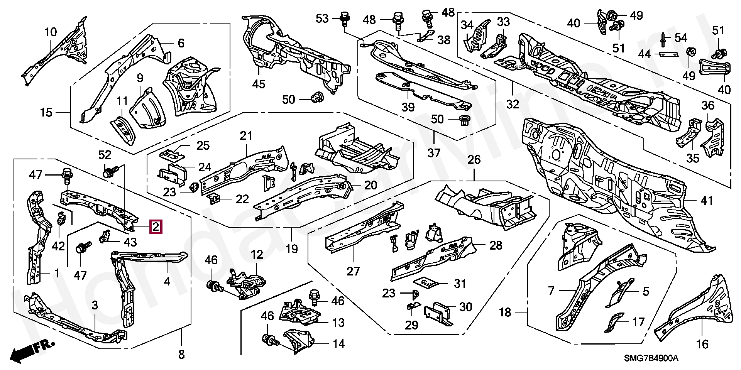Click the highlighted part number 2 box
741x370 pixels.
tap(156, 227)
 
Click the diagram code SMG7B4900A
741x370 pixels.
tap(651, 358)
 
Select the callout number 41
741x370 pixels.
tap(707, 201)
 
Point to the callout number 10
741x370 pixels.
tap(51, 32)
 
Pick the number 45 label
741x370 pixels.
tap(259, 84)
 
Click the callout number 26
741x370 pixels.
tap(474, 160)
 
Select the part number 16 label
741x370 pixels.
tap(702, 344)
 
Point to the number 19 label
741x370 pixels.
tap(292, 249)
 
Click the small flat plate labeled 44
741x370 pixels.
tap(668, 54)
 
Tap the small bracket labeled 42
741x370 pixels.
tap(61, 220)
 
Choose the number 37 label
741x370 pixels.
tap(434, 153)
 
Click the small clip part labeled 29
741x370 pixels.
tap(413, 306)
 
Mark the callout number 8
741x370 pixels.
tap(181, 355)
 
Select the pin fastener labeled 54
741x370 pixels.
tap(662, 39)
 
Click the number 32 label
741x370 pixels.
tap(513, 104)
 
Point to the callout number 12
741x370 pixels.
tap(257, 255)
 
